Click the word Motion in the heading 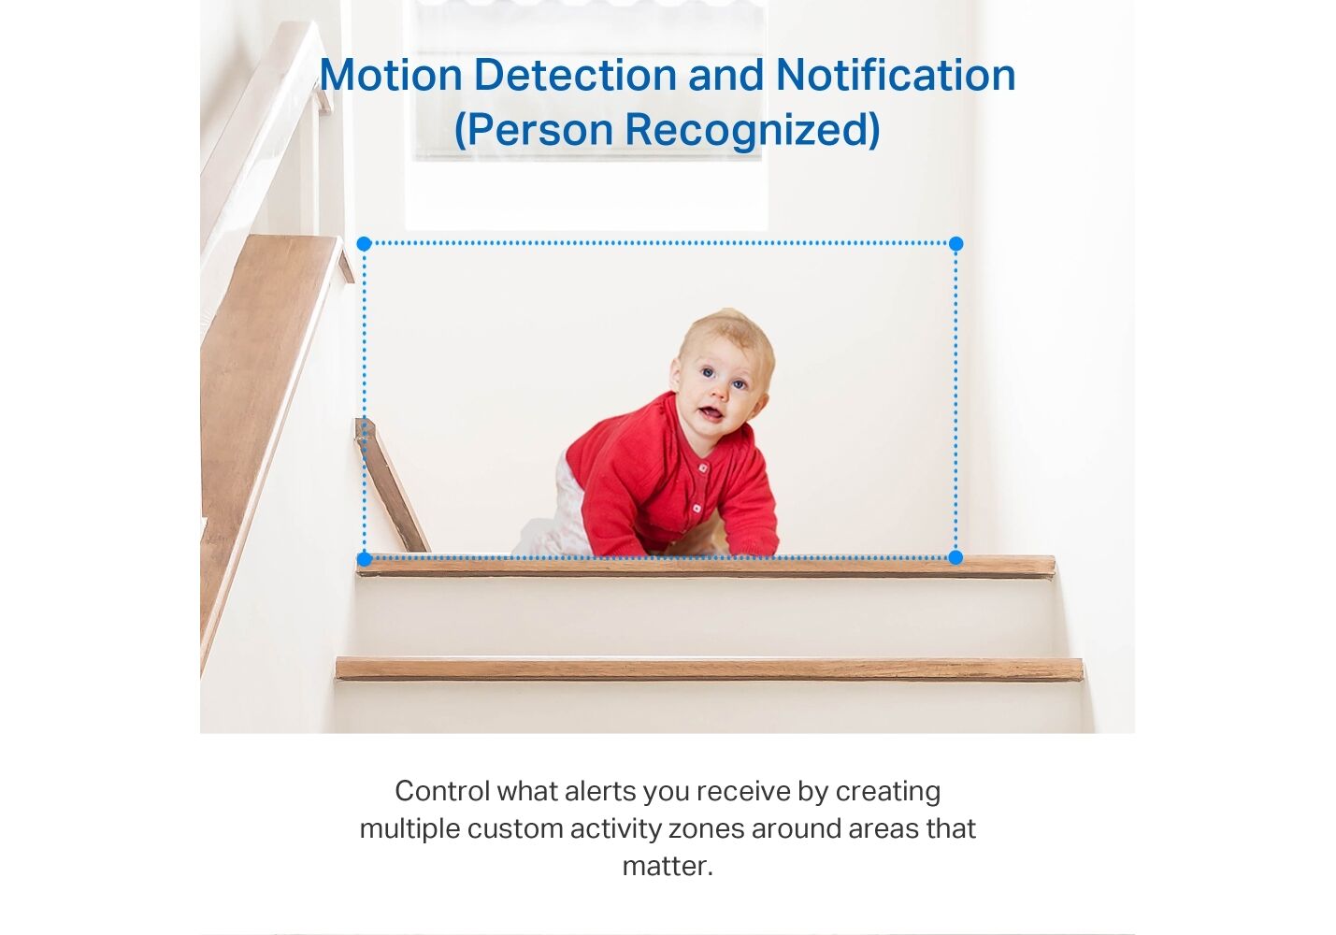coord(391,75)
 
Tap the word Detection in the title coord(575,75)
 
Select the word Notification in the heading coord(896,75)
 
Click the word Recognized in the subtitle coord(752,130)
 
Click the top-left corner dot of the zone coord(364,243)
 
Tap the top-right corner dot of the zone coord(955,243)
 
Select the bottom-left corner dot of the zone coord(364,559)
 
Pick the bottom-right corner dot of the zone coord(955,557)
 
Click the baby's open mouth coord(710,412)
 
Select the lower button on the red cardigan coord(697,508)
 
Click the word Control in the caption coord(442,791)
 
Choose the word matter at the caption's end coord(668,867)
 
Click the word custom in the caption coord(515,828)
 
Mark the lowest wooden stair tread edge coord(710,669)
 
